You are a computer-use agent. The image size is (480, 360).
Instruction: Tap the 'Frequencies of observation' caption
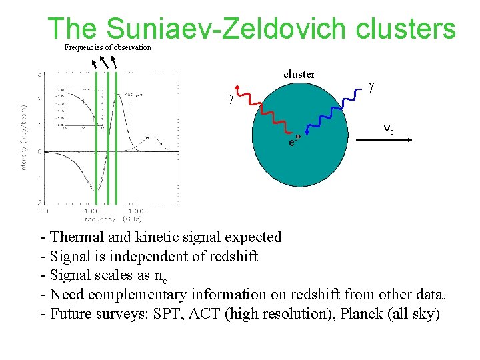pyautogui.click(x=107, y=47)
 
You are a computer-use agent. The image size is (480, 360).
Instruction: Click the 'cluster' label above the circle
pyautogui.click(x=299, y=74)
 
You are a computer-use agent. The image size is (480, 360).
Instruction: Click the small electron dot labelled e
pyautogui.click(x=298, y=137)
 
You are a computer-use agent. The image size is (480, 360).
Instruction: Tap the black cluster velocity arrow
pyautogui.click(x=387, y=139)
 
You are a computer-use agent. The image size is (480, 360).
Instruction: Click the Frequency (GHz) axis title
pyautogui.click(x=111, y=219)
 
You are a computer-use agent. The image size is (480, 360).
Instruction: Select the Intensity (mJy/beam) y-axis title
pyautogui.click(x=25, y=137)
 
